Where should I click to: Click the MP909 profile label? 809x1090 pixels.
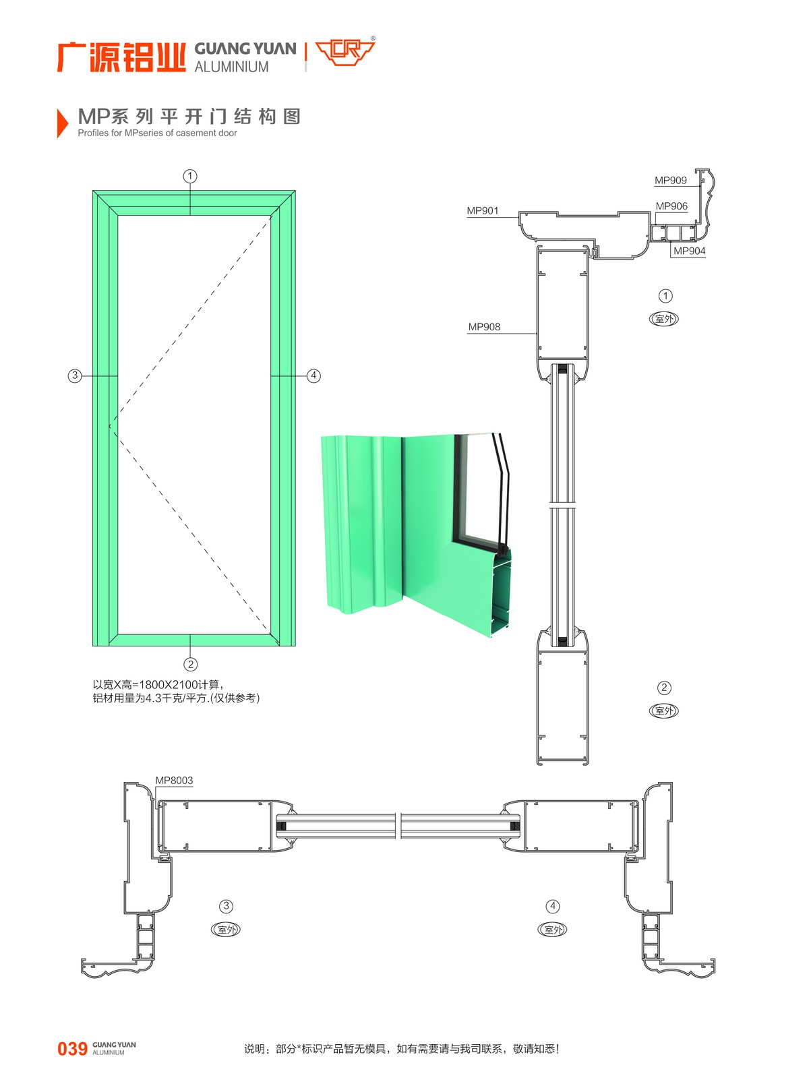coord(670,181)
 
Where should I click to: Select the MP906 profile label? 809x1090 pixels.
coord(671,206)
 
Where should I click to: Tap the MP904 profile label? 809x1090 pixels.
coord(689,251)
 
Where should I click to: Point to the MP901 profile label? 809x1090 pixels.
coord(482,210)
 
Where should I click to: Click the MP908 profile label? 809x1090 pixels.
coord(484,326)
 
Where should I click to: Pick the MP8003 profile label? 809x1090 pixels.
coord(174,780)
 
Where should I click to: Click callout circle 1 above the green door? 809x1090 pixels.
coord(190,176)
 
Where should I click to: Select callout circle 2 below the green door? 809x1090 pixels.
coord(190,665)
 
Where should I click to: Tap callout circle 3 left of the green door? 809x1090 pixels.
coord(75,375)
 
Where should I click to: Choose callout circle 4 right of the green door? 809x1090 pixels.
coord(313,375)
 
